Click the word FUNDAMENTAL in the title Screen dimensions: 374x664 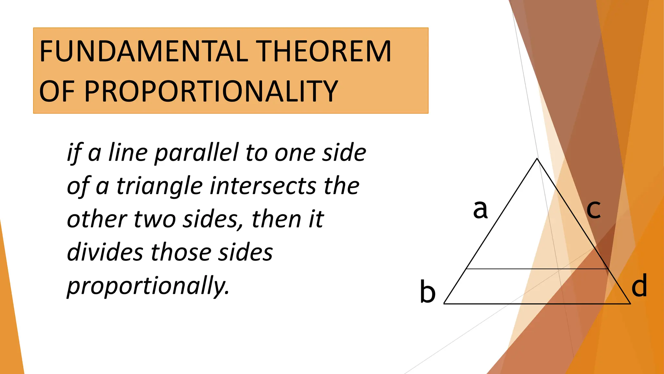[144, 51]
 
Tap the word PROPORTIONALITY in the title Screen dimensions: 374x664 [211, 92]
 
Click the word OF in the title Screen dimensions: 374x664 [59, 92]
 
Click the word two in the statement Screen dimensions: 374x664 [155, 219]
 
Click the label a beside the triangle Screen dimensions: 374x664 [480, 209]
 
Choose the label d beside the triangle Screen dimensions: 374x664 [639, 285]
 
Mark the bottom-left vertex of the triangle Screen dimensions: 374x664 [444, 304]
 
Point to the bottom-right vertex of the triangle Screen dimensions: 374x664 [630, 304]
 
